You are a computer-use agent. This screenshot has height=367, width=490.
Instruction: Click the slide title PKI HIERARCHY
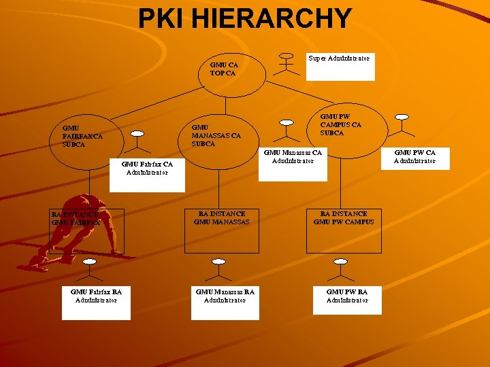point(245,18)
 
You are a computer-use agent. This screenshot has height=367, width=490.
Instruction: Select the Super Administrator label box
point(340,66)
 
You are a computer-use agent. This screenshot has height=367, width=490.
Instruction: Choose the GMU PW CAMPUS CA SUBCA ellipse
point(341,124)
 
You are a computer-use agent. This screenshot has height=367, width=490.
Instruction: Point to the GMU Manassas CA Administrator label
point(293,163)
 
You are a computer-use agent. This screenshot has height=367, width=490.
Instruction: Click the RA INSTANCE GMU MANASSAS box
point(222,230)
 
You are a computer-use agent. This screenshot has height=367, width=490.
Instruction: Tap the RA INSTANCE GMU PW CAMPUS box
point(344,230)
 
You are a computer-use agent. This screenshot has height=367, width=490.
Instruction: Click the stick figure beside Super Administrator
point(287,65)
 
